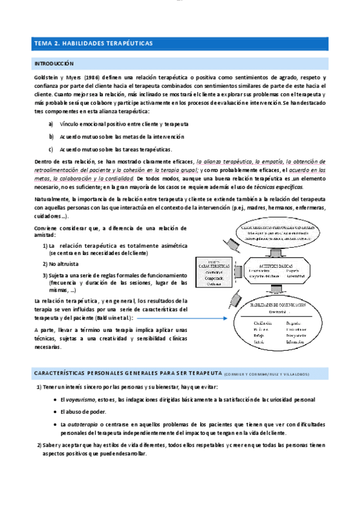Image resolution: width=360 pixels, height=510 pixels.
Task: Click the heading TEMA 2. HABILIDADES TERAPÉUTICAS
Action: click(x=94, y=43)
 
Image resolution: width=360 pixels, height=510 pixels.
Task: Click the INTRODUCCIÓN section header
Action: click(x=54, y=63)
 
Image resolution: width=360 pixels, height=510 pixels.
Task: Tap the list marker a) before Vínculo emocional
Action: click(x=51, y=123)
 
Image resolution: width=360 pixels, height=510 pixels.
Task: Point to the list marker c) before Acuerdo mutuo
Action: click(x=51, y=149)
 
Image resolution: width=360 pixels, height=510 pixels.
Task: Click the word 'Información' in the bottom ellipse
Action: click(x=297, y=342)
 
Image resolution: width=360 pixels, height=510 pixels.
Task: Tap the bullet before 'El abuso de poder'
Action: click(x=55, y=412)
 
